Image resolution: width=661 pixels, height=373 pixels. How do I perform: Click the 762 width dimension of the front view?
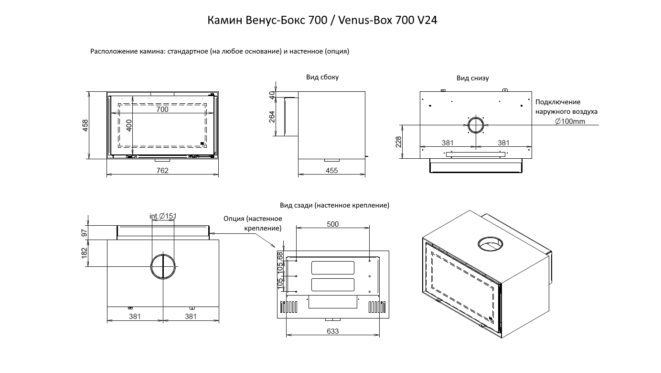(162, 171)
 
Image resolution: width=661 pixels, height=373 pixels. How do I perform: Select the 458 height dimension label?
(85, 125)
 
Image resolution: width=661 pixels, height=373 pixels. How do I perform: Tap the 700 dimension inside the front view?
(162, 110)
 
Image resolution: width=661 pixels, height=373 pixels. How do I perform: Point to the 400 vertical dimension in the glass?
(129, 125)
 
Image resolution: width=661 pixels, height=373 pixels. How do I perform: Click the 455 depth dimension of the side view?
(331, 171)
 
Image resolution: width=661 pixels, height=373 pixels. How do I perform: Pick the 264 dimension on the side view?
(272, 117)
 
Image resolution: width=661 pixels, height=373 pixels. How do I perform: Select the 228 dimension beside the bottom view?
(399, 142)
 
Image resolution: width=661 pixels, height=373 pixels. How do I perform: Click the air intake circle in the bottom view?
(476, 126)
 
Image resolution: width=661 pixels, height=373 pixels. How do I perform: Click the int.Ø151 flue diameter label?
(163, 216)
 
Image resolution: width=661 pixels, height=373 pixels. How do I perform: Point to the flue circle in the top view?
(163, 266)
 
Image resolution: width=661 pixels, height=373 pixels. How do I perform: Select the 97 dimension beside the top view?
(85, 232)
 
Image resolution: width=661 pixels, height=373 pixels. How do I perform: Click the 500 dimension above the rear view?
(333, 224)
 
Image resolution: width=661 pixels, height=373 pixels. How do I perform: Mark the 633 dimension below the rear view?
(333, 331)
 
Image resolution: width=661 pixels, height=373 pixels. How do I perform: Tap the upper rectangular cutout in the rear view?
(332, 268)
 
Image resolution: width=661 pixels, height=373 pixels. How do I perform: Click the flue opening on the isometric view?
(491, 244)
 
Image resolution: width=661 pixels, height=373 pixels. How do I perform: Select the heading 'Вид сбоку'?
(322, 77)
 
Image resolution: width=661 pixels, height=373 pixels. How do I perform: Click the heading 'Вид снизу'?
(472, 78)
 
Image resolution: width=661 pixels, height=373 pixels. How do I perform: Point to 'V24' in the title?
(427, 21)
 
